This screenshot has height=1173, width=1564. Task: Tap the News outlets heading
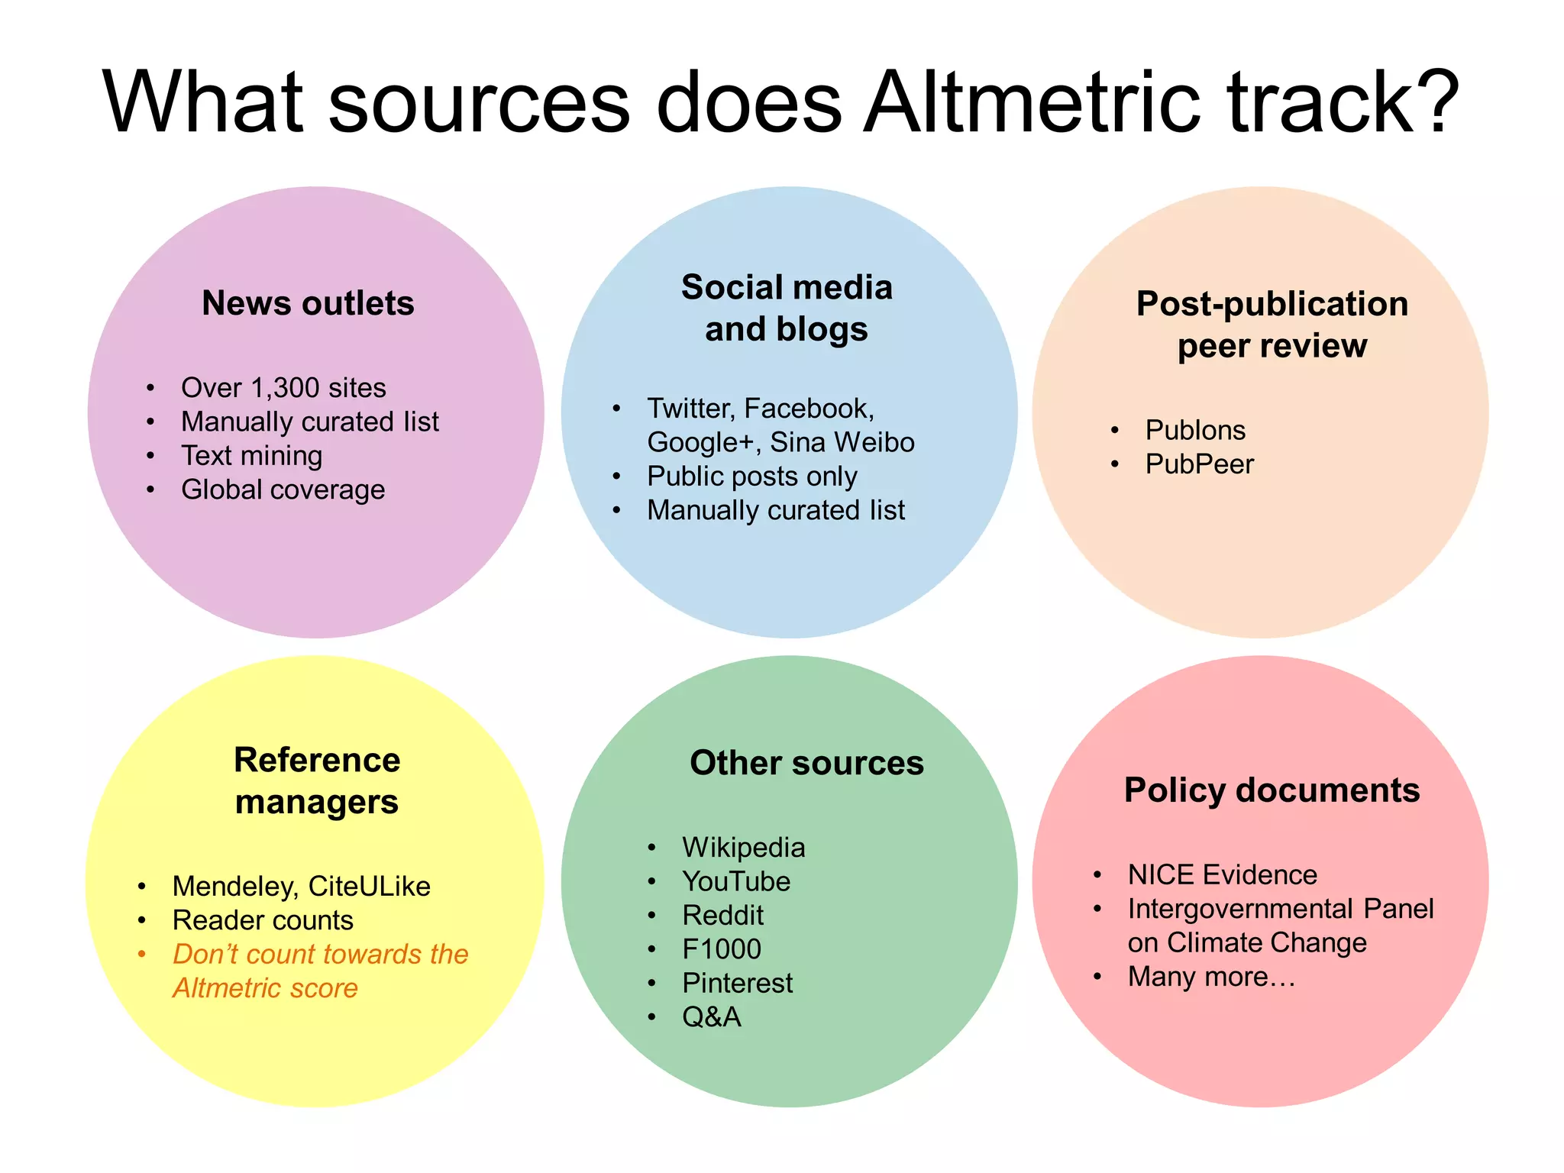308,303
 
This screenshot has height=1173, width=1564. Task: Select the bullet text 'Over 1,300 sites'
283,388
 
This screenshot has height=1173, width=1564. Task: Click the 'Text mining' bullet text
251,456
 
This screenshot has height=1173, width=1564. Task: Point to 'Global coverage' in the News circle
283,490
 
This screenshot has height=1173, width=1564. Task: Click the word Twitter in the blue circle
690,409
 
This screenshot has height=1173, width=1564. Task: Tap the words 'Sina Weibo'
842,442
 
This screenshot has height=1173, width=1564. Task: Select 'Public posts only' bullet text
751,477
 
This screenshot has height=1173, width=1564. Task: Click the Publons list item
1195,430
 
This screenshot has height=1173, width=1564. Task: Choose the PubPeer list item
1199,464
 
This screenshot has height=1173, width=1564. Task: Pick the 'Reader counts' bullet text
263,920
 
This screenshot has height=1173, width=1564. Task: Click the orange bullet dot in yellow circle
142,954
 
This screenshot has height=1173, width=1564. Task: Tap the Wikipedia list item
743,848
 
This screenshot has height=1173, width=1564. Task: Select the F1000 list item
722,949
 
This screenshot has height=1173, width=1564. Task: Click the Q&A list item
711,1017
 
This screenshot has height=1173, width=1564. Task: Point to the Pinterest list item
737,984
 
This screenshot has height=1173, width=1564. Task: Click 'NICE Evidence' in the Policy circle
1222,875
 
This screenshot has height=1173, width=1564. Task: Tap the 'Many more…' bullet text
1211,977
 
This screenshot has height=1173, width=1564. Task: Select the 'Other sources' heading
806,763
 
